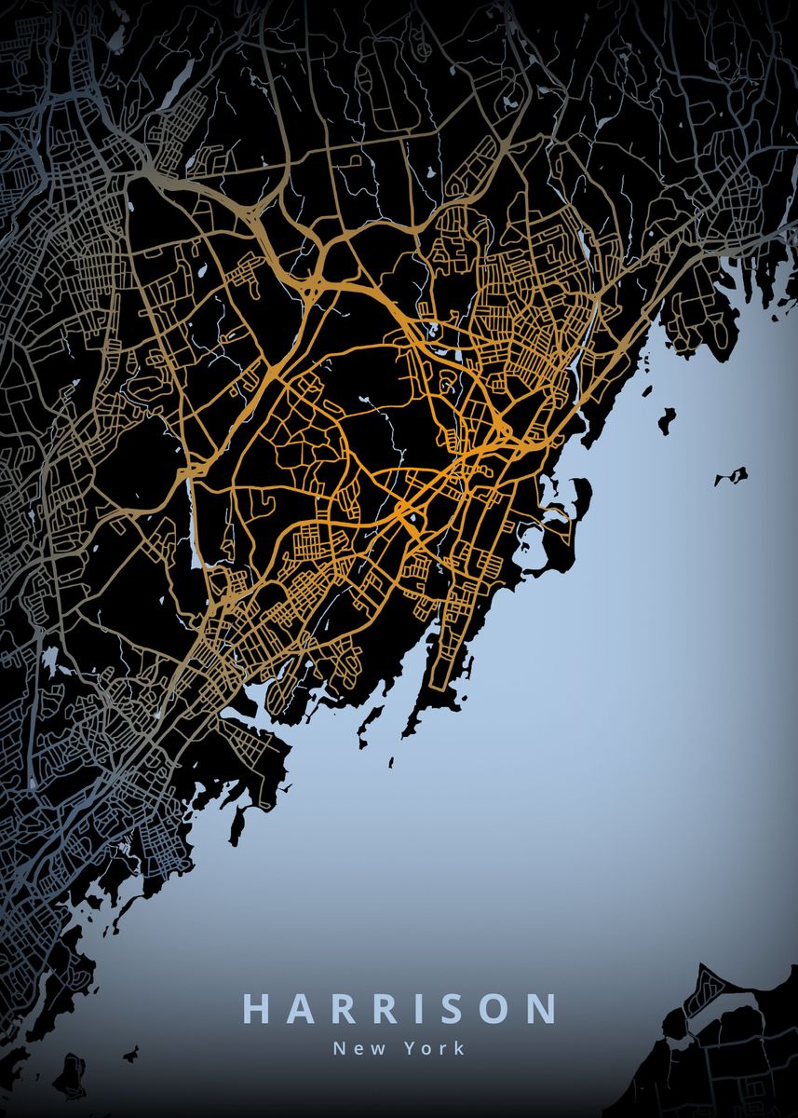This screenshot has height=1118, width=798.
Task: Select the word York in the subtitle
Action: click(434, 1048)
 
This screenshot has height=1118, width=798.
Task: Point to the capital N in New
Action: click(339, 1048)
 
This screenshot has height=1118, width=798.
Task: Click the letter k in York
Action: click(458, 1048)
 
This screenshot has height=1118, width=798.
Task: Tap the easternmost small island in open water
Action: click(732, 476)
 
